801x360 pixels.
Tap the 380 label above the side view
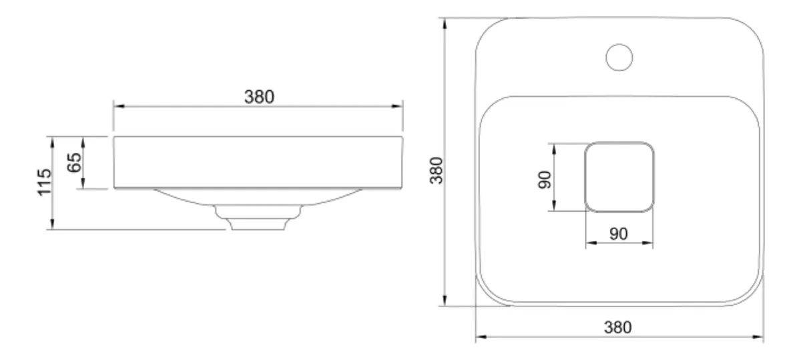pyautogui.click(x=259, y=97)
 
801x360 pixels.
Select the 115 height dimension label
pyautogui.click(x=45, y=182)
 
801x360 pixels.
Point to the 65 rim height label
pyautogui.click(x=74, y=162)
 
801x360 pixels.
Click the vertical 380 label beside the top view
pyautogui.click(x=437, y=170)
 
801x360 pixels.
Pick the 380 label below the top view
pyautogui.click(x=617, y=327)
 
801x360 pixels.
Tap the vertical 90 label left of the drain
pyautogui.click(x=545, y=180)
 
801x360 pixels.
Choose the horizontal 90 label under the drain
pyautogui.click(x=618, y=234)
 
